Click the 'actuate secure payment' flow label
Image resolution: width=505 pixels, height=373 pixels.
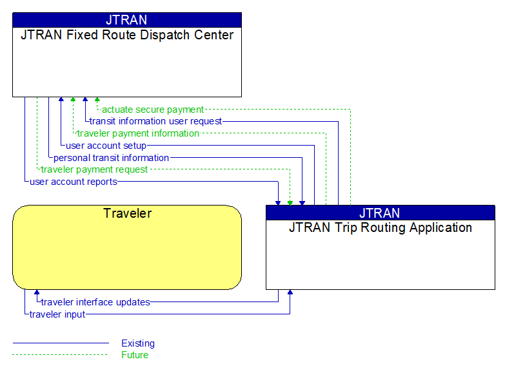pos(153,110)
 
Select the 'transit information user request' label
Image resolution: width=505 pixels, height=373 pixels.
pos(155,121)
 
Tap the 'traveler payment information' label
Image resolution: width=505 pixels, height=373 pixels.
pos(138,133)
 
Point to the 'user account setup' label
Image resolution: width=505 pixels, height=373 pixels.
pos(106,146)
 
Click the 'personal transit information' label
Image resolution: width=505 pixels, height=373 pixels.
pos(111,157)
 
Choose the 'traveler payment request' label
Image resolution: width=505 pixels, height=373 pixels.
pos(94,169)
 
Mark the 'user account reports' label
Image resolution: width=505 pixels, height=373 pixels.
pos(74,182)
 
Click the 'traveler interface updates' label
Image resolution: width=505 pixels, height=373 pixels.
pos(95,301)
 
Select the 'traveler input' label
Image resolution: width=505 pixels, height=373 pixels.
pos(57,314)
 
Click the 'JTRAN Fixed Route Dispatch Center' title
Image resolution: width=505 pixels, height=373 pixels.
pos(127,35)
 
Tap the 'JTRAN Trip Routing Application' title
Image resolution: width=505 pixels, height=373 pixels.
pos(381,227)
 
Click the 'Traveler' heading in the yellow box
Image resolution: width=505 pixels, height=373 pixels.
pos(127,213)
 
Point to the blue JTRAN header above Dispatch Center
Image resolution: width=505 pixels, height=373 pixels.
pos(127,19)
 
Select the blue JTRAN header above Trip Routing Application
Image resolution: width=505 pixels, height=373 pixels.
pos(381,213)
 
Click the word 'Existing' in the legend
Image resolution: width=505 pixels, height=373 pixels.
pos(138,343)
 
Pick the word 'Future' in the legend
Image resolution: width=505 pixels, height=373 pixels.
pos(135,355)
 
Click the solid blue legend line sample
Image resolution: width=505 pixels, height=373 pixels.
pos(61,343)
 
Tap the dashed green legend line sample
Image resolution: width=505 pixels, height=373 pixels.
pos(61,355)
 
